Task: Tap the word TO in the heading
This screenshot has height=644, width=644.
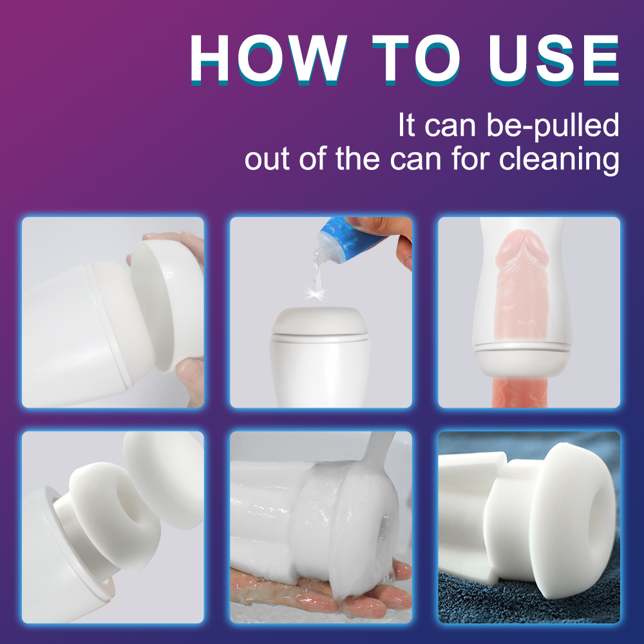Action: pyautogui.click(x=415, y=59)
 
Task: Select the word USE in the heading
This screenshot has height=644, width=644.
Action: pyautogui.click(x=554, y=59)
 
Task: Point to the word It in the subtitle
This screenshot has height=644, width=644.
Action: pyautogui.click(x=407, y=125)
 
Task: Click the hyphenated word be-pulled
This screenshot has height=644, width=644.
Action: pyautogui.click(x=553, y=126)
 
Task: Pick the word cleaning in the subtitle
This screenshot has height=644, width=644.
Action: pyautogui.click(x=559, y=159)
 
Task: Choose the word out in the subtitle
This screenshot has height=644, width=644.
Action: pyautogui.click(x=267, y=160)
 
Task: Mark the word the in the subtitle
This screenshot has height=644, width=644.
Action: pyautogui.click(x=357, y=158)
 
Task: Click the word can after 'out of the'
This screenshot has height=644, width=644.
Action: pyautogui.click(x=415, y=161)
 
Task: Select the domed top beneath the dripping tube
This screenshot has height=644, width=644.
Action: pyautogui.click(x=319, y=321)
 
